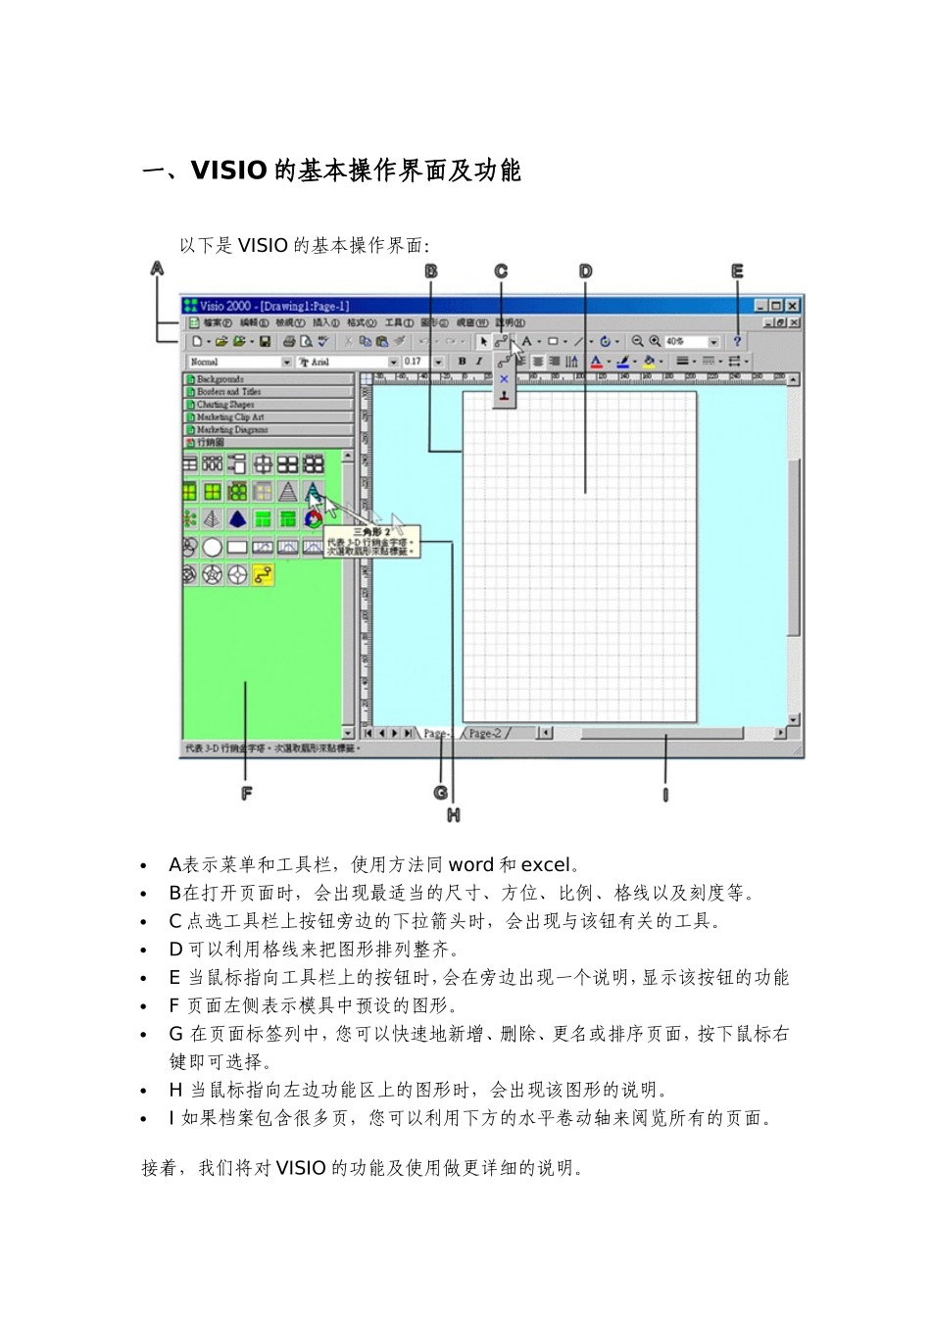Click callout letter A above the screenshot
157,268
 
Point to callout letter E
738,271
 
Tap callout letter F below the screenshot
246,793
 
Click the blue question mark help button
737,341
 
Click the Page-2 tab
485,733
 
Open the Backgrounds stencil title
220,379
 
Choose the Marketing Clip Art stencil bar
230,417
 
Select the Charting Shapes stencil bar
225,405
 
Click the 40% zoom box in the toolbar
686,342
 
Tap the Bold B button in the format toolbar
463,362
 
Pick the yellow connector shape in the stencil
263,574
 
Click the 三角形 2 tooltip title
371,531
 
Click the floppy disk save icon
265,342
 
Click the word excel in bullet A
545,865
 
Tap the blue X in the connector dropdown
504,379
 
